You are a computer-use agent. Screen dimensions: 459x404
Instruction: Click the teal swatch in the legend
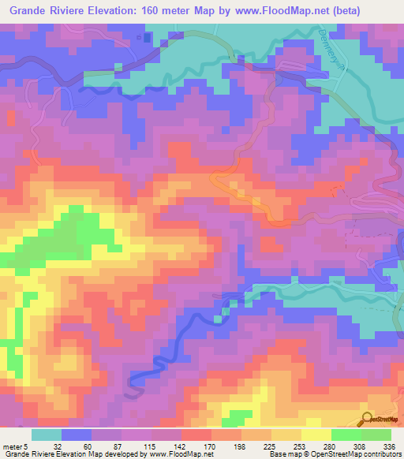46,435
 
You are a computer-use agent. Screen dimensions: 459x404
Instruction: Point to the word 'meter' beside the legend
11,445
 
